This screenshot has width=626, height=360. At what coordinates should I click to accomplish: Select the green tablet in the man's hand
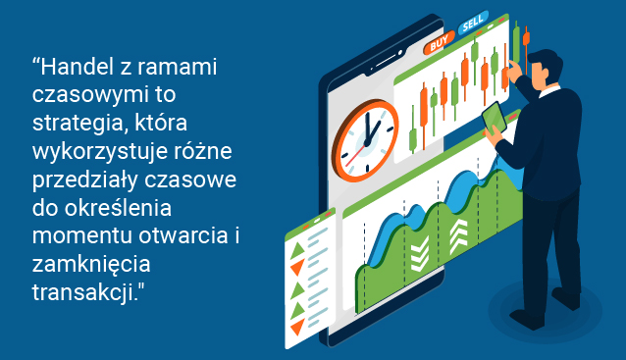(495, 117)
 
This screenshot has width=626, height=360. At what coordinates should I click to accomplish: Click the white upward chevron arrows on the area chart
(458, 235)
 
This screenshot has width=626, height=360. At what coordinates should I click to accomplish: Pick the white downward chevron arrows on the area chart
(419, 254)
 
